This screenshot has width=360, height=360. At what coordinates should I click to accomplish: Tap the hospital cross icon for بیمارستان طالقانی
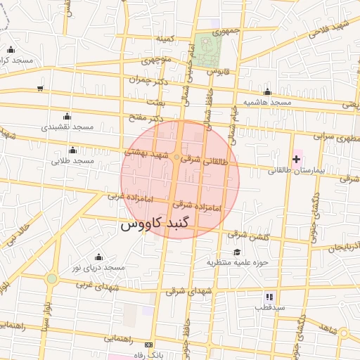296,160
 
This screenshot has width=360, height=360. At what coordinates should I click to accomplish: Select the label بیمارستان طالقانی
299,171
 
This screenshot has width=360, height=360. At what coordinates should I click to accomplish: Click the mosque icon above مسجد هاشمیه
267,92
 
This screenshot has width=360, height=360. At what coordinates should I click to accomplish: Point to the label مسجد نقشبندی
67,127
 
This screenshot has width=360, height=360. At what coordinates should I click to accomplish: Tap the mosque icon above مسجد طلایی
73,150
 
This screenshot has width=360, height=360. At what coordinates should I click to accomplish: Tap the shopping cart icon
40,89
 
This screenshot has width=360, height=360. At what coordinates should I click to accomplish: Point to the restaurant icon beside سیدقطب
269,296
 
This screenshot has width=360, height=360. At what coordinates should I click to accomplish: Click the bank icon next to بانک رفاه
148,345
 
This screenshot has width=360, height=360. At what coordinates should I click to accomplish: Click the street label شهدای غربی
94,285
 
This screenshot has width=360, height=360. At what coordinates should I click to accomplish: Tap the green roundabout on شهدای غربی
51,279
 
